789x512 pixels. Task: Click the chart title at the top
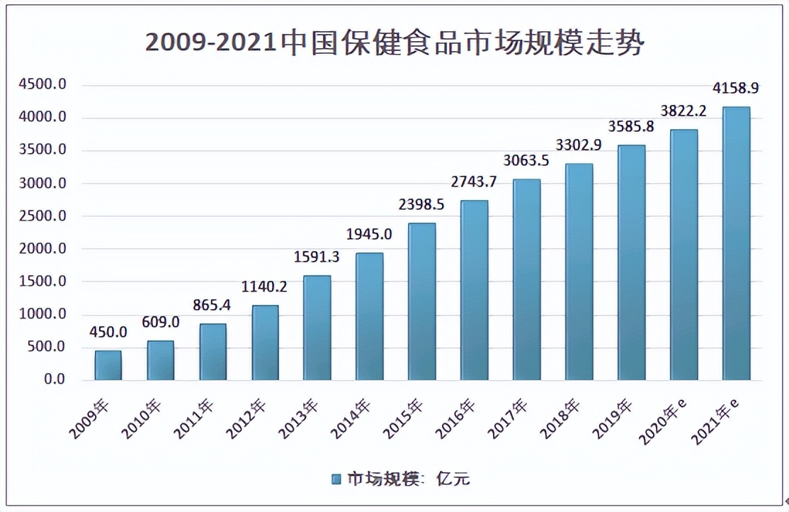394,44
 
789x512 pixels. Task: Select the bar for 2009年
108,365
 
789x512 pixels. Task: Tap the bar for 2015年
422,301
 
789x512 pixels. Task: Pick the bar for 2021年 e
736,243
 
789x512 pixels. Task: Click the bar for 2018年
579,272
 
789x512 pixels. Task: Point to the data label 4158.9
736,89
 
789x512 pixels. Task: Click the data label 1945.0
369,234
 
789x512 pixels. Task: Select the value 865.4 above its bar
212,306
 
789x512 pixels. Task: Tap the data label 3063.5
526,160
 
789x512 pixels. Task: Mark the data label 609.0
160,322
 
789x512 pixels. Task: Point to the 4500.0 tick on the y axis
43,85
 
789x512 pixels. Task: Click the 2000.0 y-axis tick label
43,249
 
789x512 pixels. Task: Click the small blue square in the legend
336,479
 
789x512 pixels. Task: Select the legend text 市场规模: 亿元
408,479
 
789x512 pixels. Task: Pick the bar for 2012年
265,343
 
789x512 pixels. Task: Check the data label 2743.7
474,182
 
